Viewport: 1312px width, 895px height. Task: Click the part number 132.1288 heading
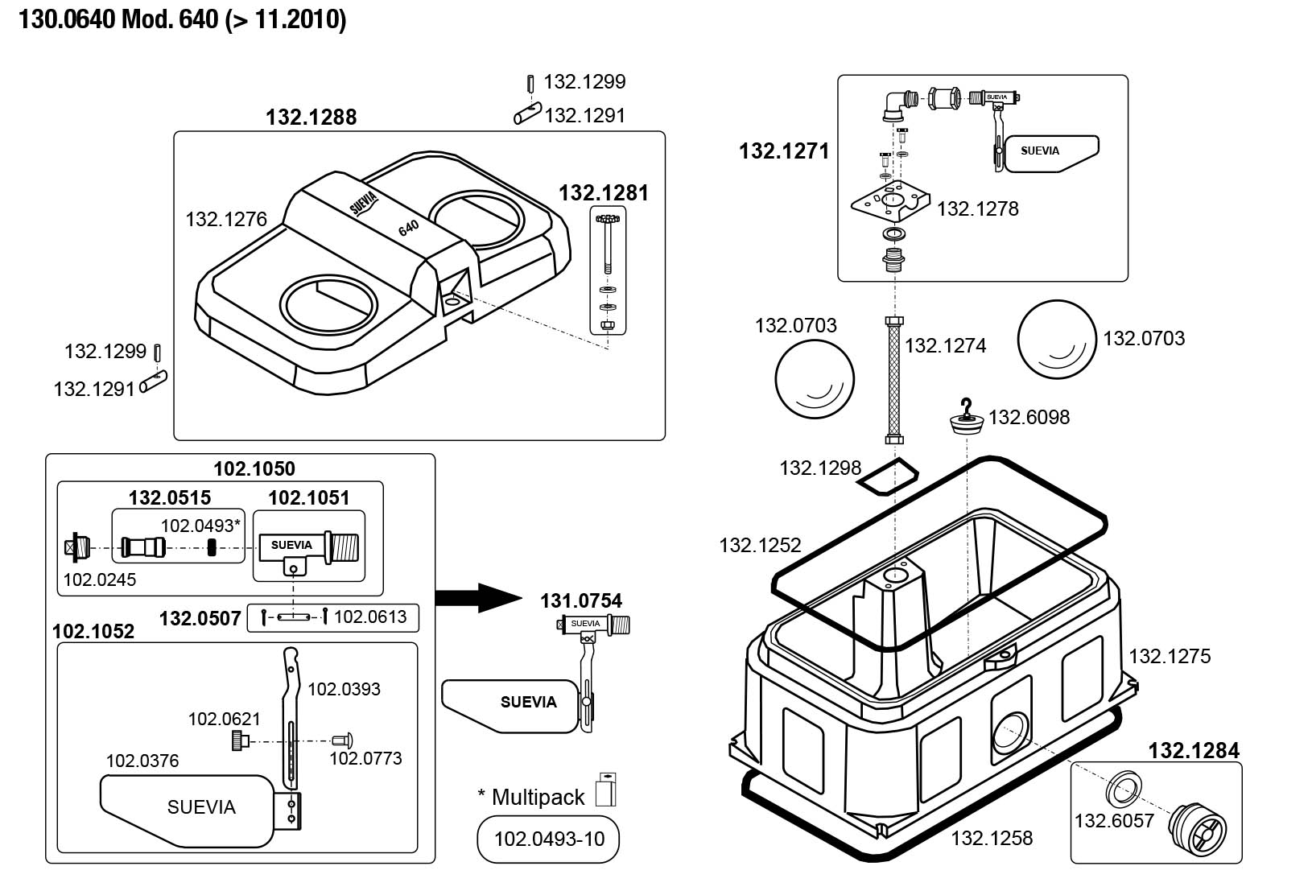311,118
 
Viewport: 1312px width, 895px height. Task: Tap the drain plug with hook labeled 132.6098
966,417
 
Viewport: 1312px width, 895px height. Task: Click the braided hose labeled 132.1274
893,381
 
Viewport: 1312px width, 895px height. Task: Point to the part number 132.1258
991,839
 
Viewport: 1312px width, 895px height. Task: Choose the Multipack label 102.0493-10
549,839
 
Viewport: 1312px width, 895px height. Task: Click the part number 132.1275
1169,656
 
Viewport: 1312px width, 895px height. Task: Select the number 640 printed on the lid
409,228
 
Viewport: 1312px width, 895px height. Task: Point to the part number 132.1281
603,193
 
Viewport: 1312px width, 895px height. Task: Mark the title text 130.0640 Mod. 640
183,19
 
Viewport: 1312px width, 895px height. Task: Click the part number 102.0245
100,579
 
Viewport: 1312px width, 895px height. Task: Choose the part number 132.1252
760,545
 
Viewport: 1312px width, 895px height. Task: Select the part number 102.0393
344,689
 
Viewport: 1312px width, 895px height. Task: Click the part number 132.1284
1193,751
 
